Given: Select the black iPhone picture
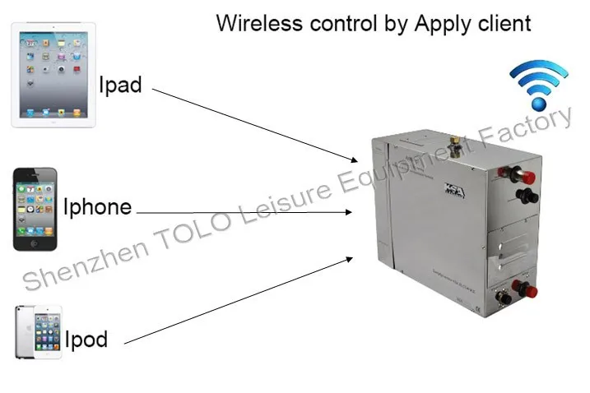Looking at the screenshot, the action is coord(35,209).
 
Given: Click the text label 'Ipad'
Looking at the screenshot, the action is coord(120,85).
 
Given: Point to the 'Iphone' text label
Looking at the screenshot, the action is coord(97,206).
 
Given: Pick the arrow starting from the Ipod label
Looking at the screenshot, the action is coord(239,299).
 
